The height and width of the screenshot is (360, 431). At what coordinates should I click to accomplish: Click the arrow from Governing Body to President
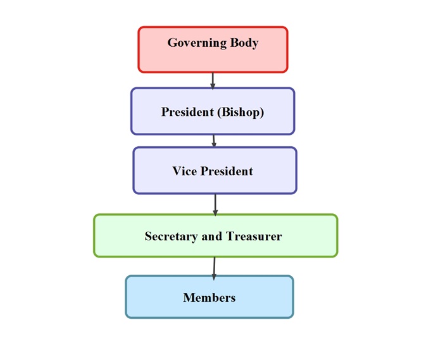pos(213,80)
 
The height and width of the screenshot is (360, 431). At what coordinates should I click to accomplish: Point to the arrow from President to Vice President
pos(214,140)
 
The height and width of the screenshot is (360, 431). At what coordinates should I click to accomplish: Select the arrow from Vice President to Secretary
pos(215,204)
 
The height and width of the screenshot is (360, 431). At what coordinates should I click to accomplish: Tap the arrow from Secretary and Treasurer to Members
pos(215,266)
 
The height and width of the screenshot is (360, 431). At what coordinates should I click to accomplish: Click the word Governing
pos(197,43)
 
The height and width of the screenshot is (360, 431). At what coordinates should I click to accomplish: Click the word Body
pos(244,43)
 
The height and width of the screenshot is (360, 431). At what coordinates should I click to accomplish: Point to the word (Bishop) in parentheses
pos(240,113)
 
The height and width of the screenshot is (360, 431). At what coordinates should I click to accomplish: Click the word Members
pos(209,297)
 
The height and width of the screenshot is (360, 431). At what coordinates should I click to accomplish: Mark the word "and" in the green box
pos(211,237)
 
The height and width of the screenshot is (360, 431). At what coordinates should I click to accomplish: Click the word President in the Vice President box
pos(227,171)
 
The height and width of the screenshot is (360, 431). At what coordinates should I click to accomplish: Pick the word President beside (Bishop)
pos(188,113)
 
